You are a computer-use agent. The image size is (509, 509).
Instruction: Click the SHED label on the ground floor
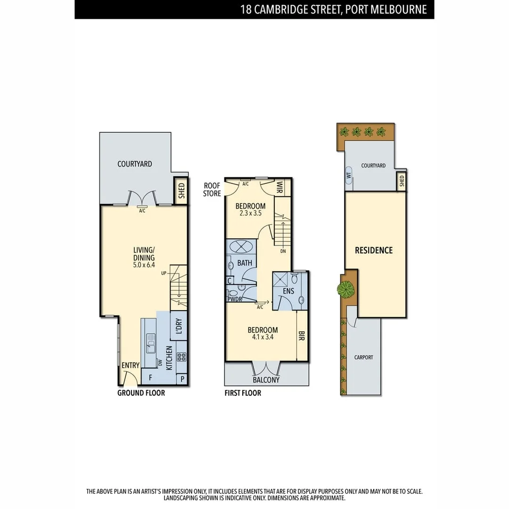pyautogui.click(x=181, y=190)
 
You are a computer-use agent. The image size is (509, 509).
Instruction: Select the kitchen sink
pyautogui.click(x=151, y=343)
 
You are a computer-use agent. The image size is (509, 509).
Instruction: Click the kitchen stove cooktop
pyautogui.click(x=181, y=357)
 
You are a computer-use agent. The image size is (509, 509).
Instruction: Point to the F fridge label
pyautogui.click(x=150, y=378)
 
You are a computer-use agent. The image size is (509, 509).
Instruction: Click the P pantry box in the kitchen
pyautogui.click(x=182, y=379)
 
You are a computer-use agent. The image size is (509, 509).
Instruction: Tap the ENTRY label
pyautogui.click(x=130, y=365)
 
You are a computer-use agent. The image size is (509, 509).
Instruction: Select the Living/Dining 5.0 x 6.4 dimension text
pyautogui.click(x=144, y=266)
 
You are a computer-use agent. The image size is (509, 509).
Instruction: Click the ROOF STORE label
pyautogui.click(x=212, y=189)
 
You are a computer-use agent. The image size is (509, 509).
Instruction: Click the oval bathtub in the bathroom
pyautogui.click(x=241, y=246)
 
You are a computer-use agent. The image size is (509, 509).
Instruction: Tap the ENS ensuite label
pyautogui.click(x=288, y=291)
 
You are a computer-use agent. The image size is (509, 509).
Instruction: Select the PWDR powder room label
pyautogui.click(x=235, y=299)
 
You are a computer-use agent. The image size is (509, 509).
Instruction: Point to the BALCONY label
pyautogui.click(x=266, y=380)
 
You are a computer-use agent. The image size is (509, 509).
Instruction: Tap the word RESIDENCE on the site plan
pyautogui.click(x=374, y=250)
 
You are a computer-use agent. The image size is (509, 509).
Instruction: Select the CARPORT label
pyautogui.click(x=363, y=357)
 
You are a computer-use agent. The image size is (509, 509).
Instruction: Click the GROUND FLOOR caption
pyautogui.click(x=141, y=393)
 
